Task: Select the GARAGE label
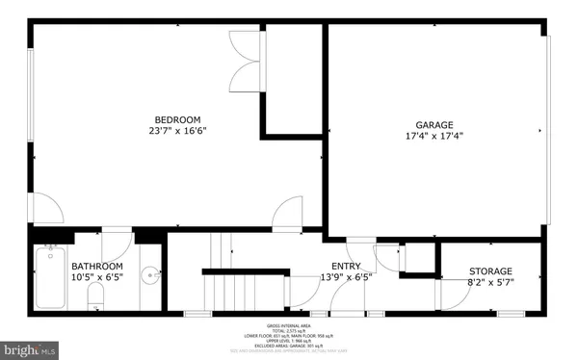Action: coord(435,125)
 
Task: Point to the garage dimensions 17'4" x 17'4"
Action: coord(435,137)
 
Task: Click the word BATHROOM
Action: coord(97,267)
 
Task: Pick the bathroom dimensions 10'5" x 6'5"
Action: coord(97,278)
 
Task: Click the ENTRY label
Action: coord(347,267)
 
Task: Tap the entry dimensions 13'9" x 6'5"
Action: coord(347,278)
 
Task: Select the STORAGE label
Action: coord(490,271)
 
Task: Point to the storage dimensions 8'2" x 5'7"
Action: coord(490,283)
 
